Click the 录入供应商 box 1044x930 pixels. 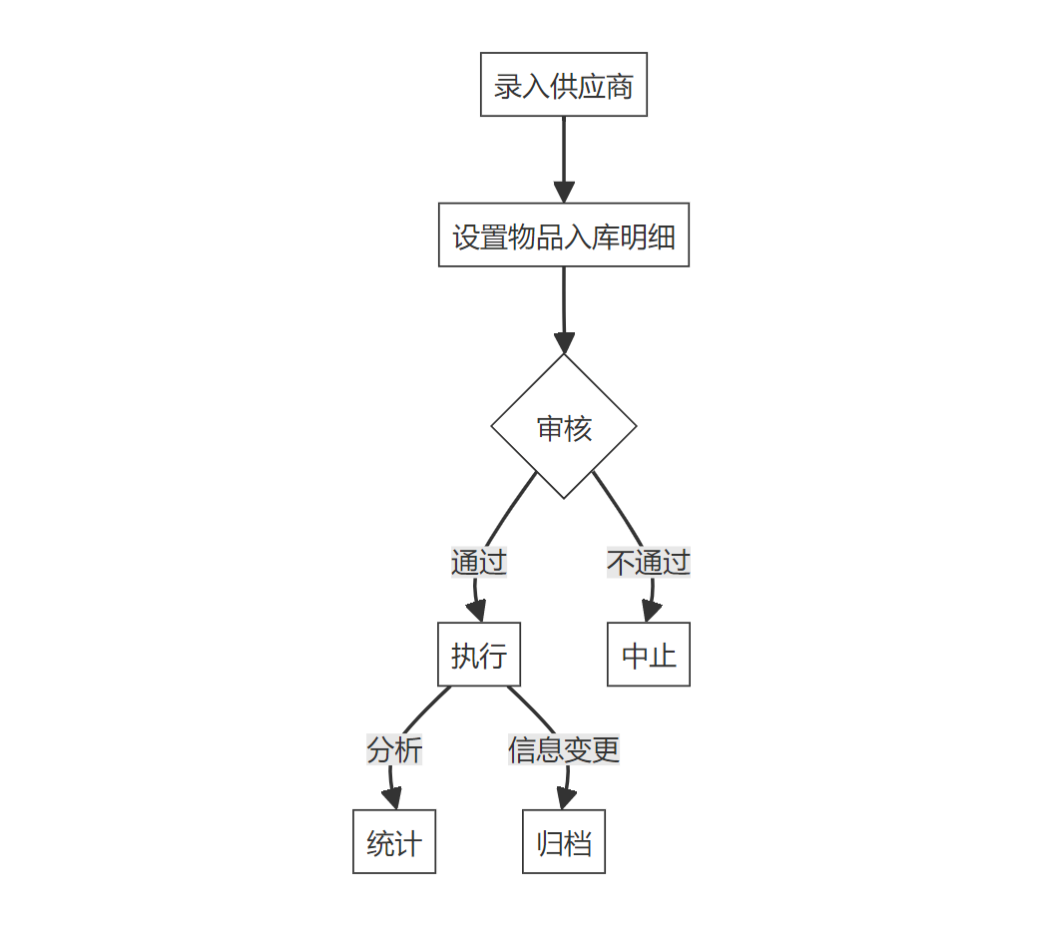click(563, 85)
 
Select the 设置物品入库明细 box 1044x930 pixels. click(563, 235)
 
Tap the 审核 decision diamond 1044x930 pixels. click(564, 426)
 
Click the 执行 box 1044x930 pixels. click(479, 655)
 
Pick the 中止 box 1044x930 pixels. click(649, 655)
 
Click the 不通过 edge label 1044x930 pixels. click(649, 562)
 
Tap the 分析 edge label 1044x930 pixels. click(394, 748)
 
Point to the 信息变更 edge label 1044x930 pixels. click(564, 748)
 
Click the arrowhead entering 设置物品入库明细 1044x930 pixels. click(564, 193)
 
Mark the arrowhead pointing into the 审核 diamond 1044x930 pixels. click(564, 343)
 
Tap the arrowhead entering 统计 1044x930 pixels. click(392, 799)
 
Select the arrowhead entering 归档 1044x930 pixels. click(565, 799)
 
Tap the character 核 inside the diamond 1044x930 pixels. click(579, 428)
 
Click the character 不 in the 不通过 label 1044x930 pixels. click(621, 562)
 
